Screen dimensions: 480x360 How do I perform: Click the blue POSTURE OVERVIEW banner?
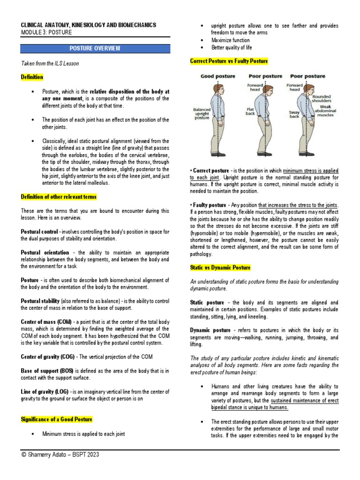(95, 48)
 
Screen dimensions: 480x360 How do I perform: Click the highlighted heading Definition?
(32, 77)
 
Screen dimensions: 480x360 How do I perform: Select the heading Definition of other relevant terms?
(59, 197)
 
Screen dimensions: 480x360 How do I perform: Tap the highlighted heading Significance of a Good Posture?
(57, 419)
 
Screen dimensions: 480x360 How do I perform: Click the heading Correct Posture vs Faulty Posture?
(229, 61)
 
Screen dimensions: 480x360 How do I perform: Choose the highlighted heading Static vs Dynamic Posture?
(220, 268)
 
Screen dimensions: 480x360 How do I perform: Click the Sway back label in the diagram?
(294, 114)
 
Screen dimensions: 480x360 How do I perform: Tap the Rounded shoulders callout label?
(322, 97)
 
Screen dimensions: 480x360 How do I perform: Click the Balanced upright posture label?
(202, 114)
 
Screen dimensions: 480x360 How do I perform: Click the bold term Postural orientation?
(45, 252)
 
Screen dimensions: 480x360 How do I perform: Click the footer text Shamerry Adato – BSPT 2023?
(61, 455)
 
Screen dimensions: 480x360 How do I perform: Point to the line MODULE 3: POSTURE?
(46, 32)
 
